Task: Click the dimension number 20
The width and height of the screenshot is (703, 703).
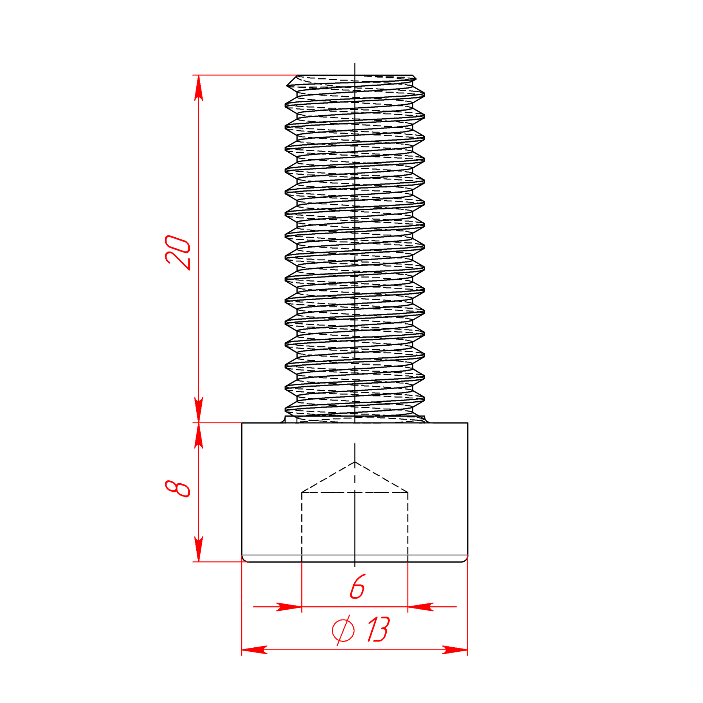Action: click(178, 253)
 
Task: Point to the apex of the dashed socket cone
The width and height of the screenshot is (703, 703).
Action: click(354, 462)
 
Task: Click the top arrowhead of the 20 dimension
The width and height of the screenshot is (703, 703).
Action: click(198, 88)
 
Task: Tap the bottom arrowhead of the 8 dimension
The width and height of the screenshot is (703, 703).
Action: click(198, 549)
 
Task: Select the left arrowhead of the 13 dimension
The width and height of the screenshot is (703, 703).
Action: click(254, 650)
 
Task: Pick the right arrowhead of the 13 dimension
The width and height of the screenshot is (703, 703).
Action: click(455, 650)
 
